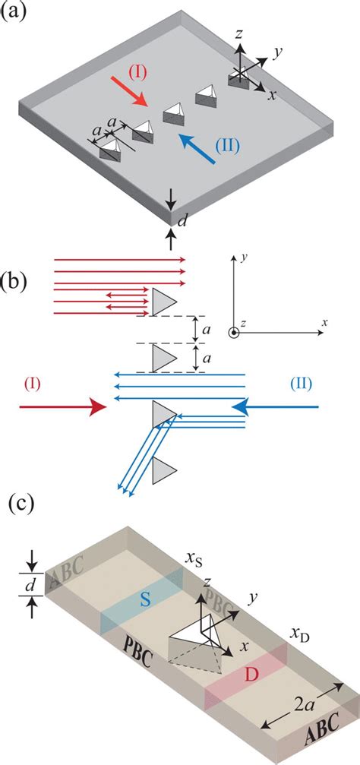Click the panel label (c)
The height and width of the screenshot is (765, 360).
[x=22, y=504]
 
